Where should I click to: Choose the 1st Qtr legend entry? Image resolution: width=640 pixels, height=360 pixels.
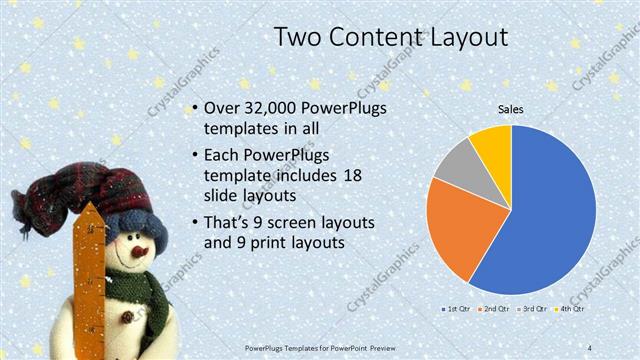coord(460,309)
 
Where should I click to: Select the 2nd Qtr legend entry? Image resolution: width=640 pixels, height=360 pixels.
coord(496,309)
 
